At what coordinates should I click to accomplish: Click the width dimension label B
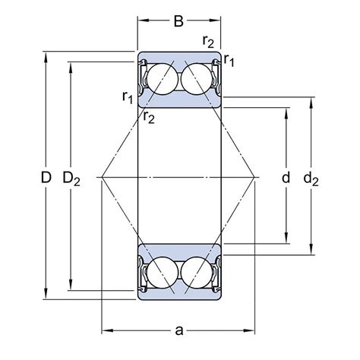point(178,21)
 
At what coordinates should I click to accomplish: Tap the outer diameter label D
point(46,177)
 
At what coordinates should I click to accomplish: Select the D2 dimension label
point(71,178)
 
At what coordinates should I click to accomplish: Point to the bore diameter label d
point(286,177)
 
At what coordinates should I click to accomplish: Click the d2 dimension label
point(311,178)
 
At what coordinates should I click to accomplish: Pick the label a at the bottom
point(178,330)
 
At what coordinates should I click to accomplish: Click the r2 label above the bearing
point(208,41)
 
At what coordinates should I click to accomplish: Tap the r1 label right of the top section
point(229,60)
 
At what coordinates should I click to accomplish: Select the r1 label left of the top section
point(128,96)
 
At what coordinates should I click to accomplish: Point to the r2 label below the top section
point(149,117)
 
